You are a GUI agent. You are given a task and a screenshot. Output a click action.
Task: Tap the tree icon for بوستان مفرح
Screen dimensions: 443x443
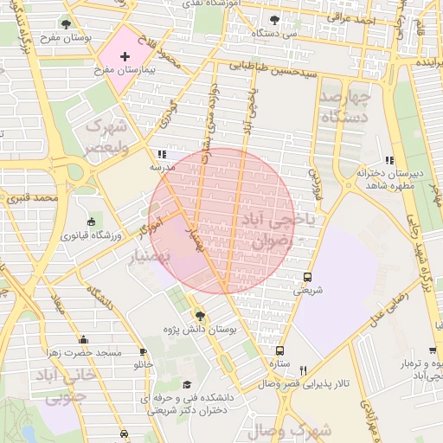coord(67,23)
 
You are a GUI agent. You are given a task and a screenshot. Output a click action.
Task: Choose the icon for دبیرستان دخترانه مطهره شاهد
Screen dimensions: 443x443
coord(389,160)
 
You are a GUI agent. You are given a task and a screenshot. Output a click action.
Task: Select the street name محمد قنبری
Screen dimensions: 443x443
coord(29,198)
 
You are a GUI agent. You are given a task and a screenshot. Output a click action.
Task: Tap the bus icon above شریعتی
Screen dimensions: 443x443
coord(308,278)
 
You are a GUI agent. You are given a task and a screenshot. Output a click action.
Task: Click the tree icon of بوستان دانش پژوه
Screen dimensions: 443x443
coord(201,316)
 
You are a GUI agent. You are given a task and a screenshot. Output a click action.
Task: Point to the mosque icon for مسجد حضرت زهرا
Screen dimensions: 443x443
coord(84,340)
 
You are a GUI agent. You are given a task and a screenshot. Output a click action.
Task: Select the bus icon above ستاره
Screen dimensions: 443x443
coord(279,350)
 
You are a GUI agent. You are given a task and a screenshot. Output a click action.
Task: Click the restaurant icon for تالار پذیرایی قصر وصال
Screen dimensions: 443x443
coord(303,369)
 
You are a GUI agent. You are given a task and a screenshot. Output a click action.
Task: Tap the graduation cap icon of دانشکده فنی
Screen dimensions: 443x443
coord(187,385)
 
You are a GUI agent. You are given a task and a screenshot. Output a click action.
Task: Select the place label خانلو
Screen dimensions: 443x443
coord(143,365)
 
